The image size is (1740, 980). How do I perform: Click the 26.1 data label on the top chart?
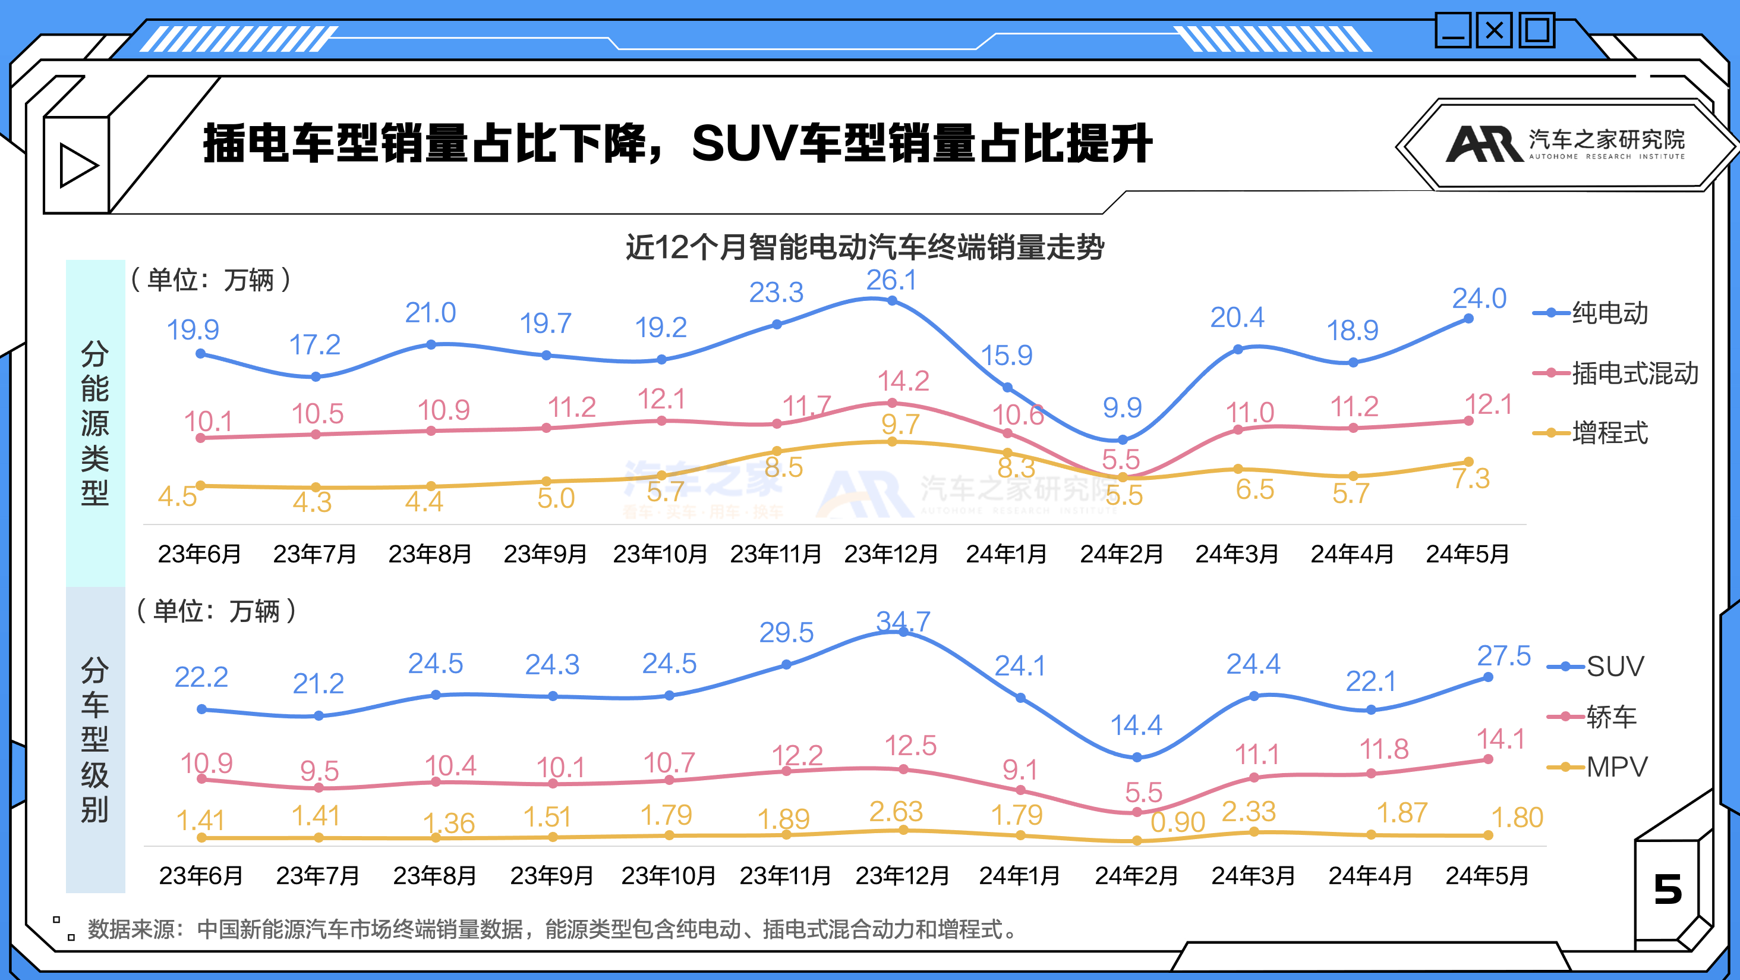(891, 280)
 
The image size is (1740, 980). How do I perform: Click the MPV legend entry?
(1616, 767)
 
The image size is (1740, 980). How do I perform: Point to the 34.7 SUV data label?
(903, 621)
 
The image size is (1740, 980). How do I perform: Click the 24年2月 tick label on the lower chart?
(1136, 876)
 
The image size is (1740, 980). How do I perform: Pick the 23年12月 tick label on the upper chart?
(891, 554)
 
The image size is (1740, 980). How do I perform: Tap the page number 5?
(1667, 889)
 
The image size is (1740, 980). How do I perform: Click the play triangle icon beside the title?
(78, 165)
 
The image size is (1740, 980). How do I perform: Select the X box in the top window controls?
(1494, 30)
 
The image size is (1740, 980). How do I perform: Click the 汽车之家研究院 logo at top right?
(1566, 144)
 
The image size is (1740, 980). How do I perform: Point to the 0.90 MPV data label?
(1177, 822)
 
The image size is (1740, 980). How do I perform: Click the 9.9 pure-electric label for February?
(1122, 407)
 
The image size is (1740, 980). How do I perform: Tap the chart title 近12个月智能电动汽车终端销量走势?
(865, 247)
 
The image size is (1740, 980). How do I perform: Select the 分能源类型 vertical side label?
(94, 423)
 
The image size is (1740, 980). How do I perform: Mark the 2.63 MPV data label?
(896, 811)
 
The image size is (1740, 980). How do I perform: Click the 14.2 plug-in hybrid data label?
(903, 381)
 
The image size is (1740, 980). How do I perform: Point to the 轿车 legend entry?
(1610, 717)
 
